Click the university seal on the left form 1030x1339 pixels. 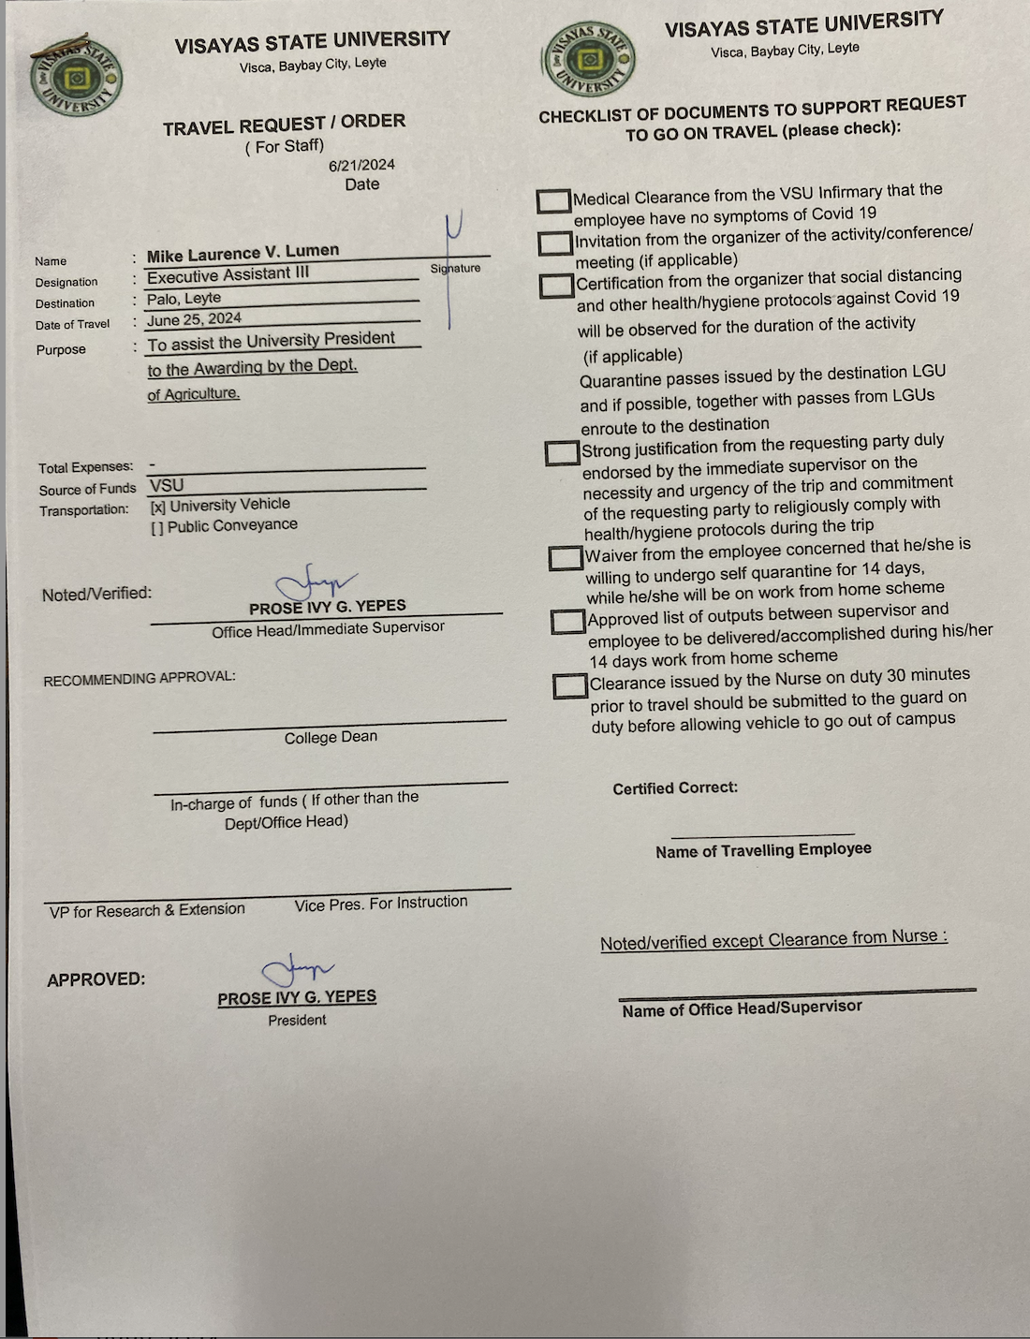pos(76,78)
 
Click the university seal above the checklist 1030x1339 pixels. pos(589,60)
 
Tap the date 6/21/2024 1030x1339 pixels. pos(361,165)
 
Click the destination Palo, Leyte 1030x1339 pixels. pos(184,299)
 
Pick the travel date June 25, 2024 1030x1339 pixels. pos(194,319)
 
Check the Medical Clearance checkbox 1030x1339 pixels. pos(554,200)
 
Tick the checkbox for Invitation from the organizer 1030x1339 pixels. pos(556,243)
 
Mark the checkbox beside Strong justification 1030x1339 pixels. pos(562,452)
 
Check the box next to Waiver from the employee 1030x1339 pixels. pos(566,558)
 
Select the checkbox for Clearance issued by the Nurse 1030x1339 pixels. pos(569,685)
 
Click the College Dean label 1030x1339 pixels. pos(331,738)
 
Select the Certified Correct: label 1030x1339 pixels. pos(675,788)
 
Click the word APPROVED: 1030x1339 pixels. pos(96,979)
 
